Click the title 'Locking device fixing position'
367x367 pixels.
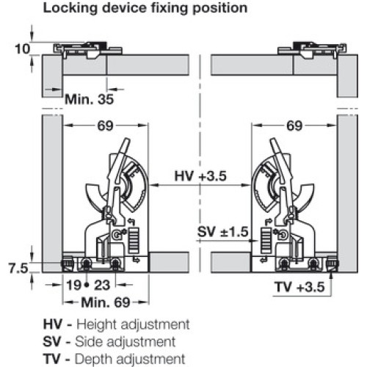click(145, 8)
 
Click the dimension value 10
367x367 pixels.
click(23, 49)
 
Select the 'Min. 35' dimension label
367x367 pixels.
click(90, 99)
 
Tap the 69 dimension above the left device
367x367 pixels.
click(106, 126)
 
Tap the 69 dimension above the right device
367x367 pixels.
click(294, 126)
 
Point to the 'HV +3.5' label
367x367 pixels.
click(200, 176)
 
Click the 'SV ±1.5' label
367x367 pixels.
click(223, 232)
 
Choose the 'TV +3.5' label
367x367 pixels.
click(299, 287)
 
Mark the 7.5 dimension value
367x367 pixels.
click(18, 269)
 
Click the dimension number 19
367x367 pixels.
click(73, 286)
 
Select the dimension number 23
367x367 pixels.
click(102, 286)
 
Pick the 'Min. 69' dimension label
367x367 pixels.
click(106, 302)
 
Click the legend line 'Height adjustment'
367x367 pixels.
click(133, 324)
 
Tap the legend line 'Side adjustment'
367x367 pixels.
click(125, 341)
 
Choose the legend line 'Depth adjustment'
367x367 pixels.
click(130, 359)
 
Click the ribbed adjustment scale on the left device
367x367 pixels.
click(134, 241)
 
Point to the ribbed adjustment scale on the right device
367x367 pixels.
click(266, 241)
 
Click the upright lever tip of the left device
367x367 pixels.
click(126, 142)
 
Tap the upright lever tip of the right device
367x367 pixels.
click(273, 142)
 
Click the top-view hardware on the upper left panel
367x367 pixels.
click(87, 51)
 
